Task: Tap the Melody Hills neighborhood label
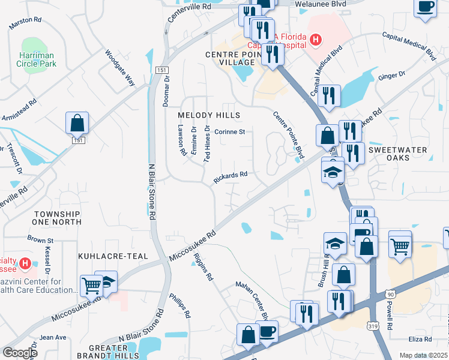(209, 115)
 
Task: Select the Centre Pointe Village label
(229, 58)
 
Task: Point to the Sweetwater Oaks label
(397, 154)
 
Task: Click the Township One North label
(57, 218)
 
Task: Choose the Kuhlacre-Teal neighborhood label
(113, 256)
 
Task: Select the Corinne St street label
(230, 132)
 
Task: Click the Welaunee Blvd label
(326, 4)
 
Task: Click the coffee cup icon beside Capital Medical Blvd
(426, 7)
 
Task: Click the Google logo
(20, 353)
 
